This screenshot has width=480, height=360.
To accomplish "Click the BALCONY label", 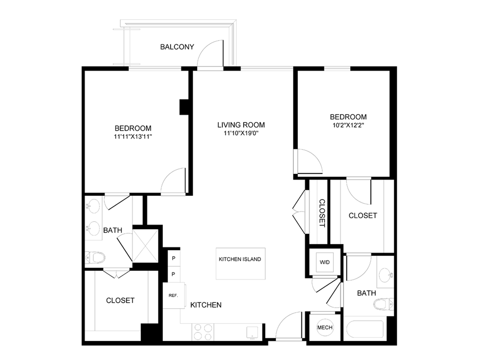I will click(x=177, y=47).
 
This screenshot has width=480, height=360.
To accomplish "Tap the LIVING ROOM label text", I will click(x=241, y=125).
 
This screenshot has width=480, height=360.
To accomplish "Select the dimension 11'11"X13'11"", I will click(x=133, y=137).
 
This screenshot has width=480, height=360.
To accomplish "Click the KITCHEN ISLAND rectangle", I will click(x=241, y=263).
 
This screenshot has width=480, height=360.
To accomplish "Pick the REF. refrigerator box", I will click(x=174, y=295).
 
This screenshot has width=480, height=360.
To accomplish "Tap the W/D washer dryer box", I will click(x=325, y=262).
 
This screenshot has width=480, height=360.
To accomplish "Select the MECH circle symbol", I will click(x=325, y=328).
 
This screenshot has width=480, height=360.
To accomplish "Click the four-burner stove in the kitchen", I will click(x=202, y=332).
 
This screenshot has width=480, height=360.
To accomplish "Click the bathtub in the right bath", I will click(x=364, y=329).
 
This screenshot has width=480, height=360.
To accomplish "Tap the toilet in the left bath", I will click(x=95, y=257).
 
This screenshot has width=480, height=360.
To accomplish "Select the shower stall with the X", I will click(x=145, y=246).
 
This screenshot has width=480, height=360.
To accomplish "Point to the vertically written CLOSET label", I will click(x=322, y=213).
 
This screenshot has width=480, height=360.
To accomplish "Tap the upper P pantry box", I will click(x=174, y=258).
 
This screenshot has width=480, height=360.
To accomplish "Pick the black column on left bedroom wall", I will click(x=184, y=107).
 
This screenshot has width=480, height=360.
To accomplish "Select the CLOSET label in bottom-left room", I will click(x=120, y=300).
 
